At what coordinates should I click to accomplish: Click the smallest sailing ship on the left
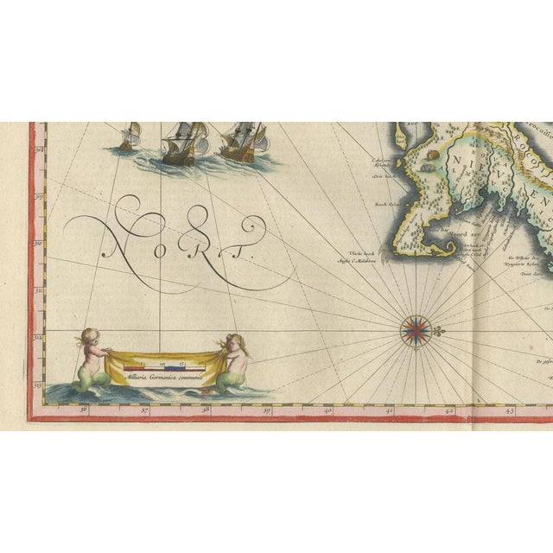[129, 137]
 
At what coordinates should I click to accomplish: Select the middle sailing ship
[184, 141]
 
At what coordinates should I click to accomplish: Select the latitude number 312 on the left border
[38, 339]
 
